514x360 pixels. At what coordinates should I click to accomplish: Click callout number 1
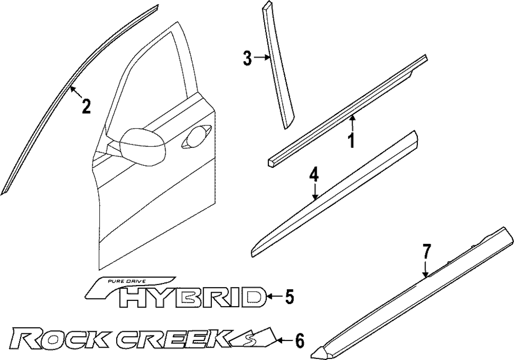352,140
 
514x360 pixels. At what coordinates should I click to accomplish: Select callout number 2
86,106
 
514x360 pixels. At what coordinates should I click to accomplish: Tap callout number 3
248,59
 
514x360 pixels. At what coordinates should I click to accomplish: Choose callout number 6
299,340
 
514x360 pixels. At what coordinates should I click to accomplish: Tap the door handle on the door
196,137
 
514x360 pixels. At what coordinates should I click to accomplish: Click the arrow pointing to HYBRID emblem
274,296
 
